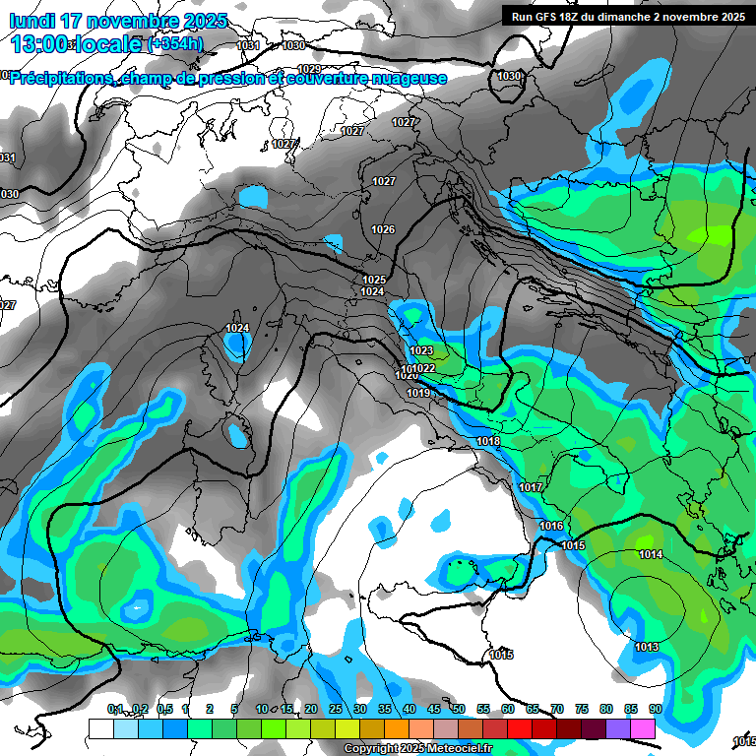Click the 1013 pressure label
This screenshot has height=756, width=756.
click(647, 647)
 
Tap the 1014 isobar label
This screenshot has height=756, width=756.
click(651, 555)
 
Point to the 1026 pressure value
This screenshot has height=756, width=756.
click(383, 229)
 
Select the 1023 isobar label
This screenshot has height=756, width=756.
click(421, 350)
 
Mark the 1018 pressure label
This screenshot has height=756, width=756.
click(488, 442)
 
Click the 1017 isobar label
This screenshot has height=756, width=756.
click(532, 487)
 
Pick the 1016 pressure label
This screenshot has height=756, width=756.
click(551, 527)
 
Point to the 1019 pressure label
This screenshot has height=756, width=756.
click(418, 394)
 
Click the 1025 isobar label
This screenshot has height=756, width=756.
click(374, 280)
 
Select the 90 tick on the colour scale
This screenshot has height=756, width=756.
click(655, 709)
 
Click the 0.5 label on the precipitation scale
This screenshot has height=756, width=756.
click(164, 709)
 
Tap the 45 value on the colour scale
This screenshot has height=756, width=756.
click(434, 709)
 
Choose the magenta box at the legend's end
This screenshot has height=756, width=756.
click(643, 727)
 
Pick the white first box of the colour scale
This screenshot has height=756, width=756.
click(100, 727)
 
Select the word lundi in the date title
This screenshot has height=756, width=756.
click(34, 20)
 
